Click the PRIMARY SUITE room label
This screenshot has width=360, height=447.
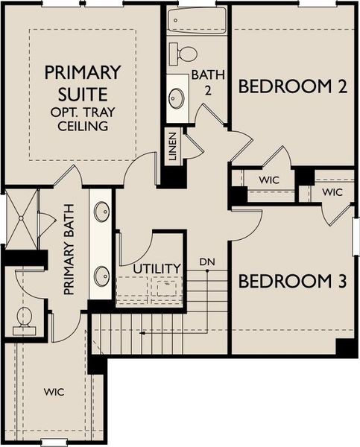point(82,83)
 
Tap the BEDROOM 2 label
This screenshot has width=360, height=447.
point(293,87)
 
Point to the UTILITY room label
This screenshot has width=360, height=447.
point(157,268)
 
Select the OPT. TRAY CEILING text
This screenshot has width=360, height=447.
point(82,118)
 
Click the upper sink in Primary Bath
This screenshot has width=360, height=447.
point(101,212)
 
